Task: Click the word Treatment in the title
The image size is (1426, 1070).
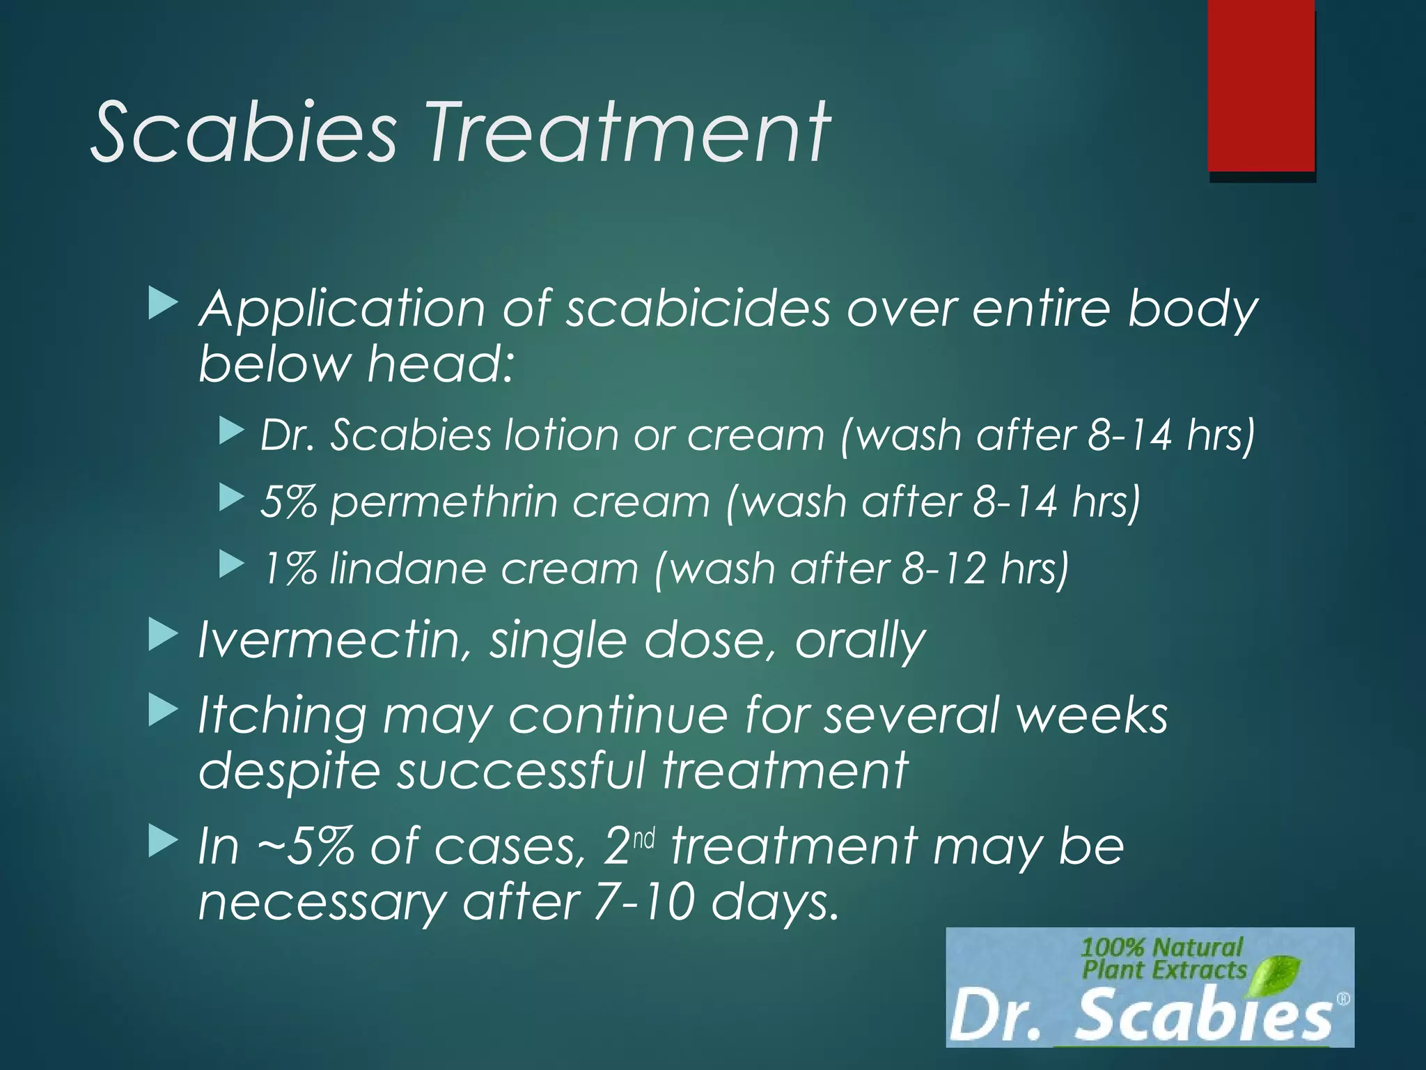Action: [628, 132]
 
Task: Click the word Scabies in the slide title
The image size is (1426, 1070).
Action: [244, 132]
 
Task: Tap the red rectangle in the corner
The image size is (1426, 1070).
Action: [1261, 85]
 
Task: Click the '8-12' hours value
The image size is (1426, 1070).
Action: [943, 568]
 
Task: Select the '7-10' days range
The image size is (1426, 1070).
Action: [645, 903]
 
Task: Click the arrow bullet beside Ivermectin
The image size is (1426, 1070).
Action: [163, 636]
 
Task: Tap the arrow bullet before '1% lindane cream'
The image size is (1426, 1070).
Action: [231, 565]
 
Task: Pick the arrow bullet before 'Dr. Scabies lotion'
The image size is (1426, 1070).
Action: [231, 431]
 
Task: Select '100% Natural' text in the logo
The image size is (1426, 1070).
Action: [1161, 947]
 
